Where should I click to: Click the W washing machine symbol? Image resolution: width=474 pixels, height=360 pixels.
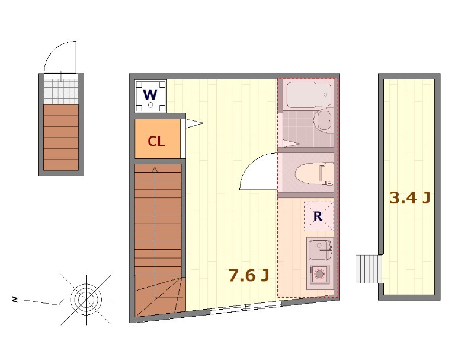pyautogui.click(x=151, y=96)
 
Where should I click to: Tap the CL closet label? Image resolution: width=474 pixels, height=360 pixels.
pyautogui.click(x=156, y=141)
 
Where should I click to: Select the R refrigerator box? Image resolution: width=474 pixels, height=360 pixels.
pyautogui.click(x=319, y=216)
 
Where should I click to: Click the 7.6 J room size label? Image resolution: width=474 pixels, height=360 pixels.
pyautogui.click(x=248, y=275)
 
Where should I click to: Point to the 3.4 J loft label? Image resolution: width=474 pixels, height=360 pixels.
pyautogui.click(x=409, y=198)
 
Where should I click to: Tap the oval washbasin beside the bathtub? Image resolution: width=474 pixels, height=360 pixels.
pyautogui.click(x=323, y=121)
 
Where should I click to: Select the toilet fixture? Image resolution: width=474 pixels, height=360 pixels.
pyautogui.click(x=314, y=174)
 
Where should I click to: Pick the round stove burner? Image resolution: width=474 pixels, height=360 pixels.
pyautogui.click(x=319, y=274)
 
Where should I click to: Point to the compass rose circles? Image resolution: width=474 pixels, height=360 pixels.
pyautogui.click(x=86, y=300)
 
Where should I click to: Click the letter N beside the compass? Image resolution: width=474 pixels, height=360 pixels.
pyautogui.click(x=14, y=300)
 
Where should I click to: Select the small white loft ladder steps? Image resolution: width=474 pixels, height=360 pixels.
pyautogui.click(x=367, y=269)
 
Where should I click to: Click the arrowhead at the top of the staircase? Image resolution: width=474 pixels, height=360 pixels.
pyautogui.click(x=155, y=170)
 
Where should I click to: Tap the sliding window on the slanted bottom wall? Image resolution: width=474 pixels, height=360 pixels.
pyautogui.click(x=246, y=307)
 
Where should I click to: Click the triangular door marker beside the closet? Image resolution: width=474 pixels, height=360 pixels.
pyautogui.click(x=194, y=123)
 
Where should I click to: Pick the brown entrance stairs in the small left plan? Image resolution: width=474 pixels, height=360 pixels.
pyautogui.click(x=61, y=138)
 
